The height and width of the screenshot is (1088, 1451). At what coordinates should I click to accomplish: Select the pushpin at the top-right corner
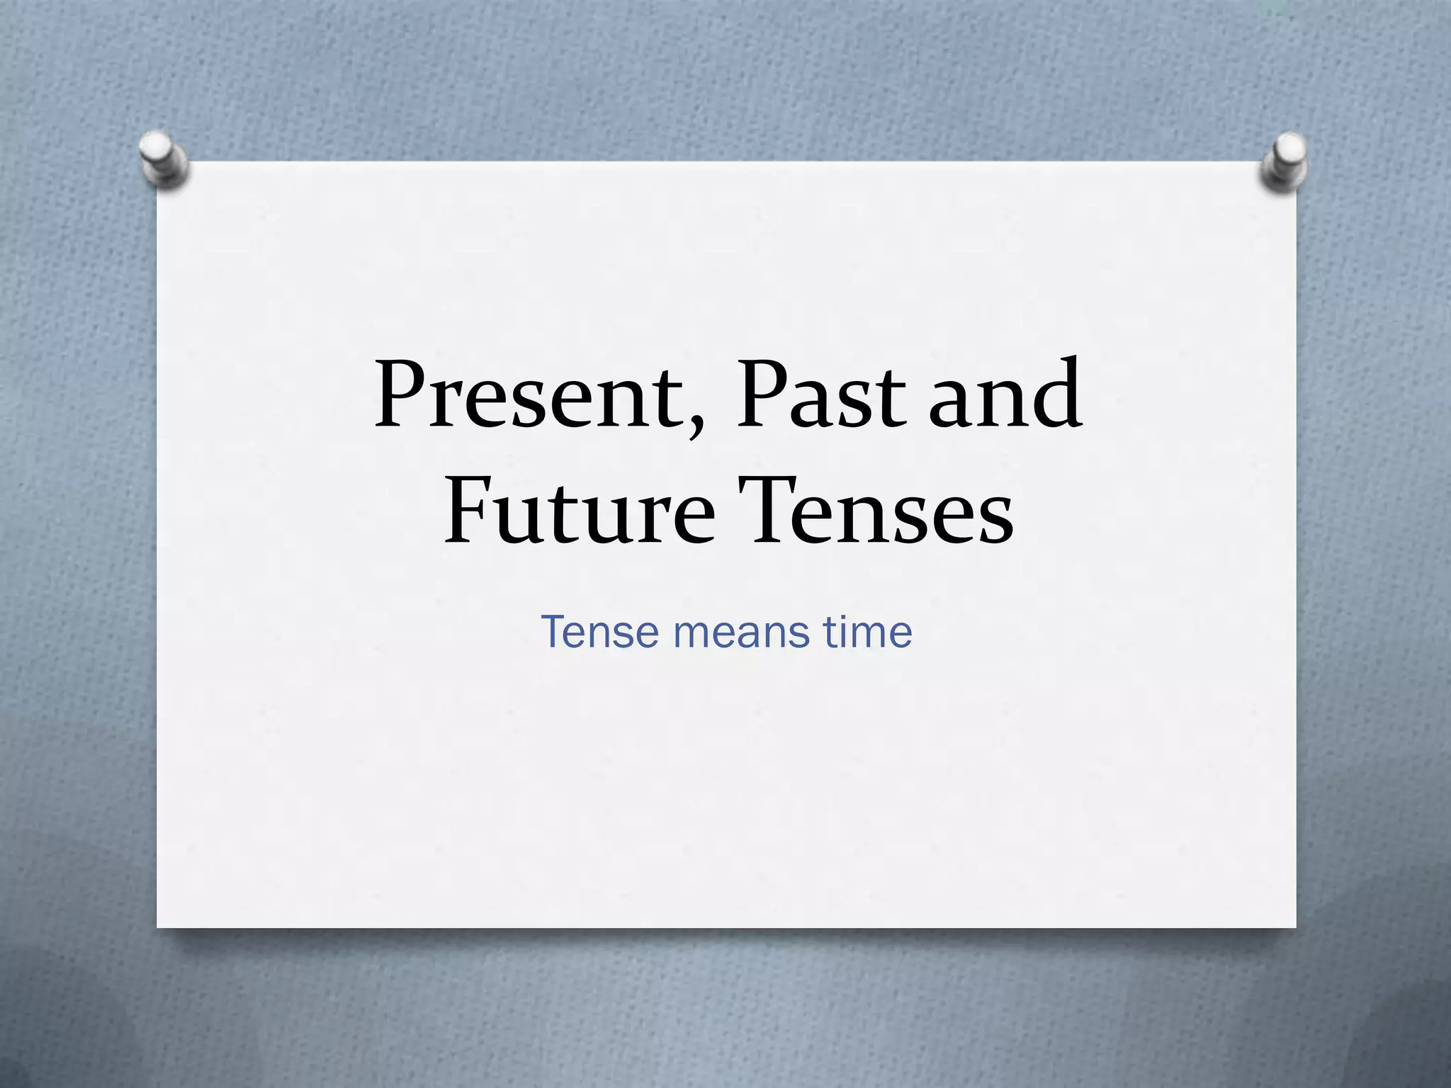point(1285,160)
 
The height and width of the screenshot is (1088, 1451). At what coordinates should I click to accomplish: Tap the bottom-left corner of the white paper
point(158,926)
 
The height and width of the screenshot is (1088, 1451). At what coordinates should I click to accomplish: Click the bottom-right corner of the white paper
point(1294,926)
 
